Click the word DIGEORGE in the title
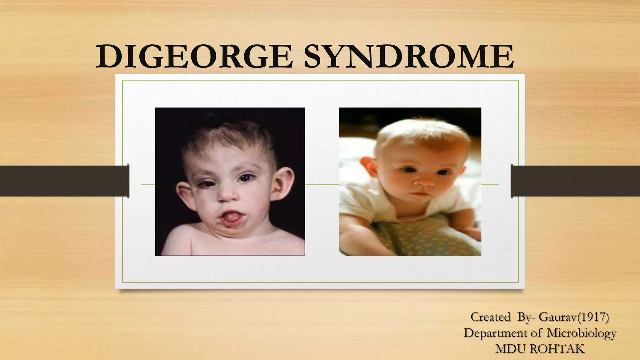[x=194, y=57]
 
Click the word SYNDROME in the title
[x=409, y=57]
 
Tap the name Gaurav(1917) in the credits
[x=574, y=317]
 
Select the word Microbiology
[x=581, y=333]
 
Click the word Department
[x=495, y=333]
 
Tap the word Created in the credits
[x=490, y=317]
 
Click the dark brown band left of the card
[x=62, y=181]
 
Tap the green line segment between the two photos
[x=322, y=185]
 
